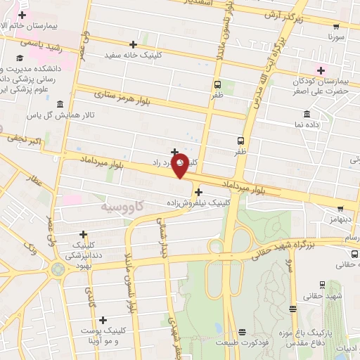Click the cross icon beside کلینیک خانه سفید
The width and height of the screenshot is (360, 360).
[133, 44]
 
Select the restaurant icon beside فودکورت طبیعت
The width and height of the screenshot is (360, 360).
[243, 332]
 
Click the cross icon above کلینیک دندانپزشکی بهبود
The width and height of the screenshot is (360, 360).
[83, 234]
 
